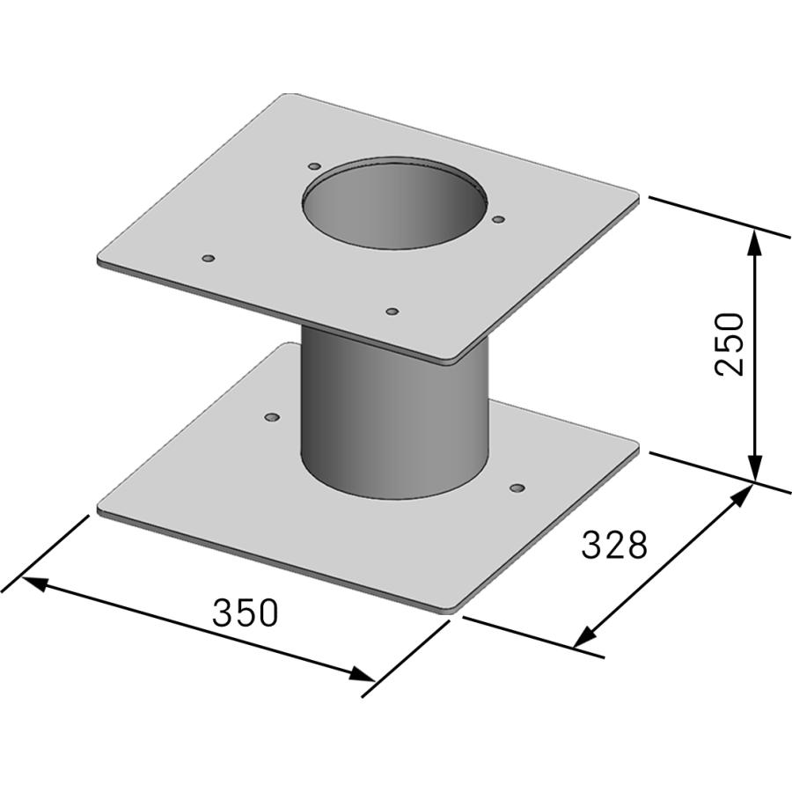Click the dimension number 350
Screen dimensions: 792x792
245,612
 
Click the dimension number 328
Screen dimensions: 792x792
614,545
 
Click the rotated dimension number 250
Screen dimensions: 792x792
730,343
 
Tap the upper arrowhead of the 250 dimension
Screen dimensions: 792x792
754,238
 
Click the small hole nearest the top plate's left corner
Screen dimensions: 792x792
209,258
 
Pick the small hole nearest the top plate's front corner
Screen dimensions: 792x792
392,311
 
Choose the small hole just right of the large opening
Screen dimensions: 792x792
498,219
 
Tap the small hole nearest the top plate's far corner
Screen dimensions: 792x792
314,165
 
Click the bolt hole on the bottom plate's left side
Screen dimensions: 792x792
272,416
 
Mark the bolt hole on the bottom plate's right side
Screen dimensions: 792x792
517,488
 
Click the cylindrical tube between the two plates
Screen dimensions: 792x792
393,414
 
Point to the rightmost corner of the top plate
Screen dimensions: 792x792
637,201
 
